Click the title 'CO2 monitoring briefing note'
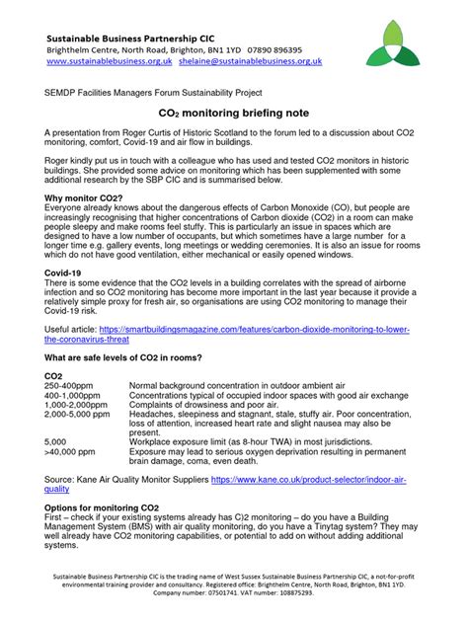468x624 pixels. coord(234,115)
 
